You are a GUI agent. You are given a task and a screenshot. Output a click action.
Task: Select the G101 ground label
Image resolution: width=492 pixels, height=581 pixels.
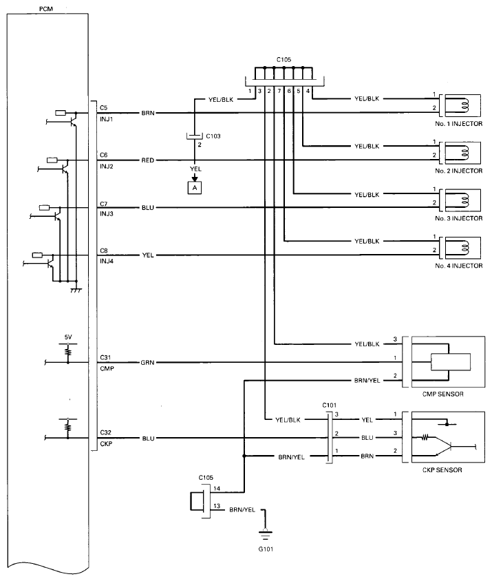tap(264, 548)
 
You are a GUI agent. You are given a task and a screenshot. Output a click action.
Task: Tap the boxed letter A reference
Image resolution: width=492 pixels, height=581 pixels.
tap(195, 187)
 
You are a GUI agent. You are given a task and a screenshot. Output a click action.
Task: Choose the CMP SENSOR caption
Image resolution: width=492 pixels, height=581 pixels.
tap(442, 394)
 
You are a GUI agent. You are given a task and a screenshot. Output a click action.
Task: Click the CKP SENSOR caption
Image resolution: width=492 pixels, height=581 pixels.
tap(443, 471)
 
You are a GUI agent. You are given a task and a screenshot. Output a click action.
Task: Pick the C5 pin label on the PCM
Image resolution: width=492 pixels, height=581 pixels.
tap(104, 108)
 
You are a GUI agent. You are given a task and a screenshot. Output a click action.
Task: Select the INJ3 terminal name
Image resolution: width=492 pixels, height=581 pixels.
tap(107, 213)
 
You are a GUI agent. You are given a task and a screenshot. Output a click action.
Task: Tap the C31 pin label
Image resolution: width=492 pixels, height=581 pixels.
tap(105, 357)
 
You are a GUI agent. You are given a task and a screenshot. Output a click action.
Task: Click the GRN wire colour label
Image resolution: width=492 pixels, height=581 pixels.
tap(147, 362)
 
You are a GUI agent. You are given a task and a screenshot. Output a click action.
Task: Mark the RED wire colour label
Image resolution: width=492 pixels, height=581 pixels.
tap(147, 160)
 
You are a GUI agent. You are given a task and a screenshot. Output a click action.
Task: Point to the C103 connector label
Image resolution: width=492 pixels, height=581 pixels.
tap(213, 136)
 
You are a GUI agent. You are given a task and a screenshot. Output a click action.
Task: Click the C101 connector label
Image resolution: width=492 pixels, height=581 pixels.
tap(330, 405)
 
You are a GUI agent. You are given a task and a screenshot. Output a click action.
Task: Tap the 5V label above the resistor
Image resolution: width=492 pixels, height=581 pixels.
tap(68, 337)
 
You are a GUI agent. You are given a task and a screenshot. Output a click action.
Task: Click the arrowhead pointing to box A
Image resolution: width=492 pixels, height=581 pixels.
tap(195, 177)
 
